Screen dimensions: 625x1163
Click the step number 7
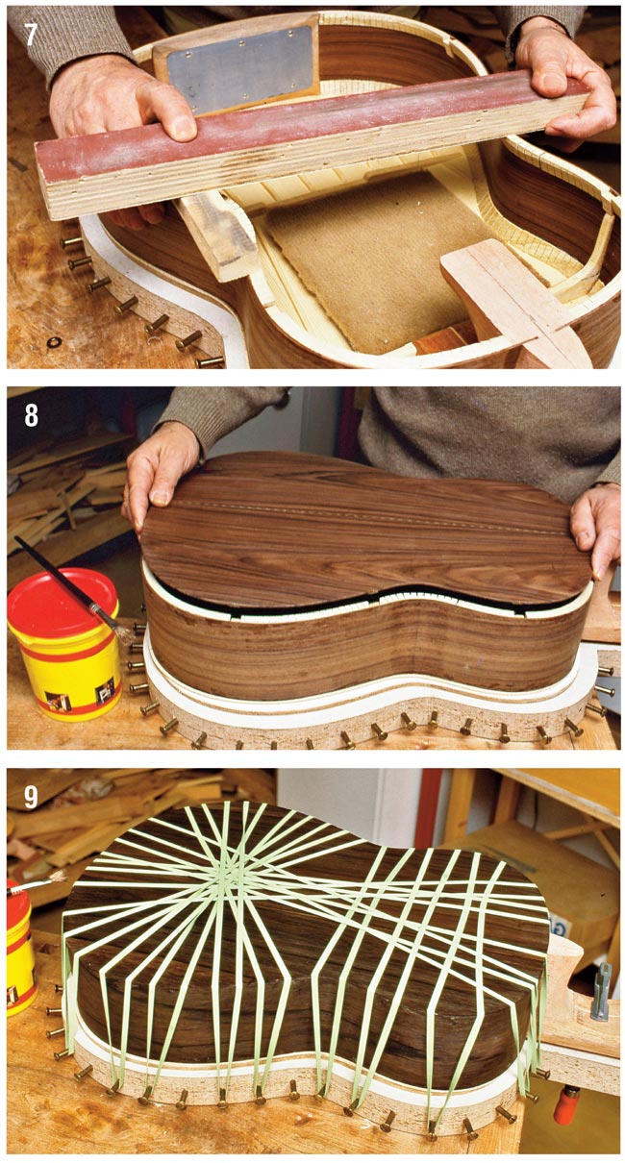pos(31,34)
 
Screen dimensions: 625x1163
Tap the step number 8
pos(31,415)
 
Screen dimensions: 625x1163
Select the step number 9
pos(31,797)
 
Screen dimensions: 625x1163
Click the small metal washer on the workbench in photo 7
pos(54,342)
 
